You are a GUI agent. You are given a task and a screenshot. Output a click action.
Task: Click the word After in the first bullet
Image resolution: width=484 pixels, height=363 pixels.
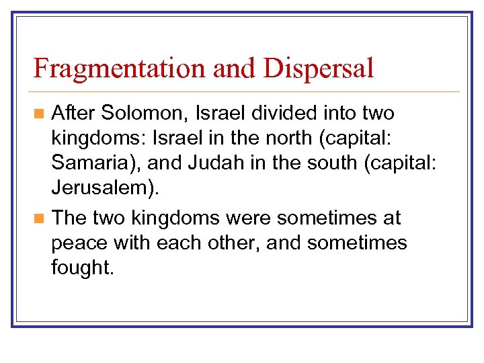tap(73, 113)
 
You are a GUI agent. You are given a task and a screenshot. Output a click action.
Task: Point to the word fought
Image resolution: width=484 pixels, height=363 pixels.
tap(83, 268)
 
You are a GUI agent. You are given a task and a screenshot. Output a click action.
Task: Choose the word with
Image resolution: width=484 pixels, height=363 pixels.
tap(132, 242)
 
